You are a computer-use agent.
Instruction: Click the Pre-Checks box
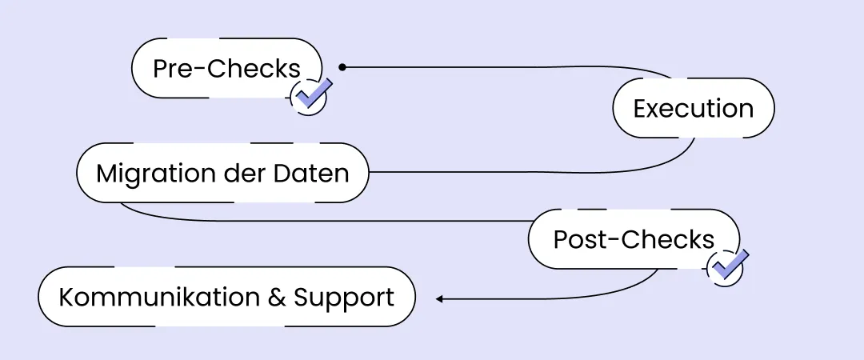click(x=226, y=69)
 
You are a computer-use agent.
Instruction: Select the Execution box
click(x=694, y=108)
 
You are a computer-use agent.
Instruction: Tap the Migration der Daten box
click(x=222, y=173)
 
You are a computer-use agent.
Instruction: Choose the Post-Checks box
click(x=634, y=239)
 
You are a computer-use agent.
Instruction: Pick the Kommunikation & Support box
click(x=226, y=298)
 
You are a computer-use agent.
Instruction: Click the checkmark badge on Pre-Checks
click(x=310, y=95)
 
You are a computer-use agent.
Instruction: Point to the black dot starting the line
click(x=342, y=67)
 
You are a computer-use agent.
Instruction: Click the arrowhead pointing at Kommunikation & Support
click(x=439, y=299)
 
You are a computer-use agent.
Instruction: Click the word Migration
click(x=146, y=173)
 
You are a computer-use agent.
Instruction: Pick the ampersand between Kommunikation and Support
click(x=276, y=298)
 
